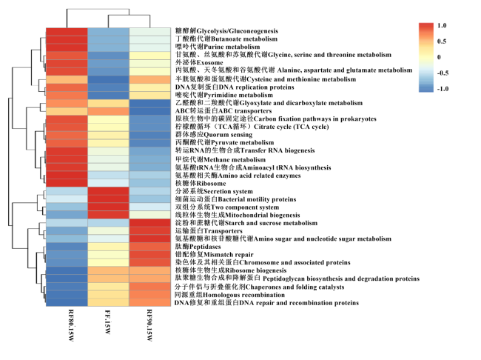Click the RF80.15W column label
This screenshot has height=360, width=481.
tap(70, 325)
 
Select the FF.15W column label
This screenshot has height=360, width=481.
tap(108, 321)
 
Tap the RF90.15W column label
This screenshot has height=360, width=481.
tap(149, 325)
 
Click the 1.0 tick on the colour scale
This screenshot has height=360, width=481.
tap(442, 25)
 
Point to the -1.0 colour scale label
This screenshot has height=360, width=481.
tap(443, 89)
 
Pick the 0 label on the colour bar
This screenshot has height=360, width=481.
tap(439, 57)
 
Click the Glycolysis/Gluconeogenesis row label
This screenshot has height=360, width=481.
tap(226, 30)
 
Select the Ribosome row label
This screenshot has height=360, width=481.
tap(201, 184)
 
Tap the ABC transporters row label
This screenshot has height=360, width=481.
tap(223, 111)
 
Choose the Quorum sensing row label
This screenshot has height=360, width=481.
tap(214, 135)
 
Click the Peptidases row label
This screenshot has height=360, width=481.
tap(198, 247)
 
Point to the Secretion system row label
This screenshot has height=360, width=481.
tap(214, 191)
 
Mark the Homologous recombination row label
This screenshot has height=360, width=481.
tap(230, 295)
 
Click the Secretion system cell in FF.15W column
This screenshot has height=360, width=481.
tap(108, 191)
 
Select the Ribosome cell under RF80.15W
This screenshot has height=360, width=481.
tap(67, 184)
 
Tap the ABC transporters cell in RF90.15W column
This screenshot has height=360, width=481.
tap(149, 111)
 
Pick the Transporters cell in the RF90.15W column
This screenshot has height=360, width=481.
tap(149, 230)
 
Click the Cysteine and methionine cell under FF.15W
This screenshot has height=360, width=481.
tap(108, 79)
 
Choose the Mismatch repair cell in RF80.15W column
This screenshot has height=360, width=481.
tap(67, 255)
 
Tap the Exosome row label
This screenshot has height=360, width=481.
tap(199, 63)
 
